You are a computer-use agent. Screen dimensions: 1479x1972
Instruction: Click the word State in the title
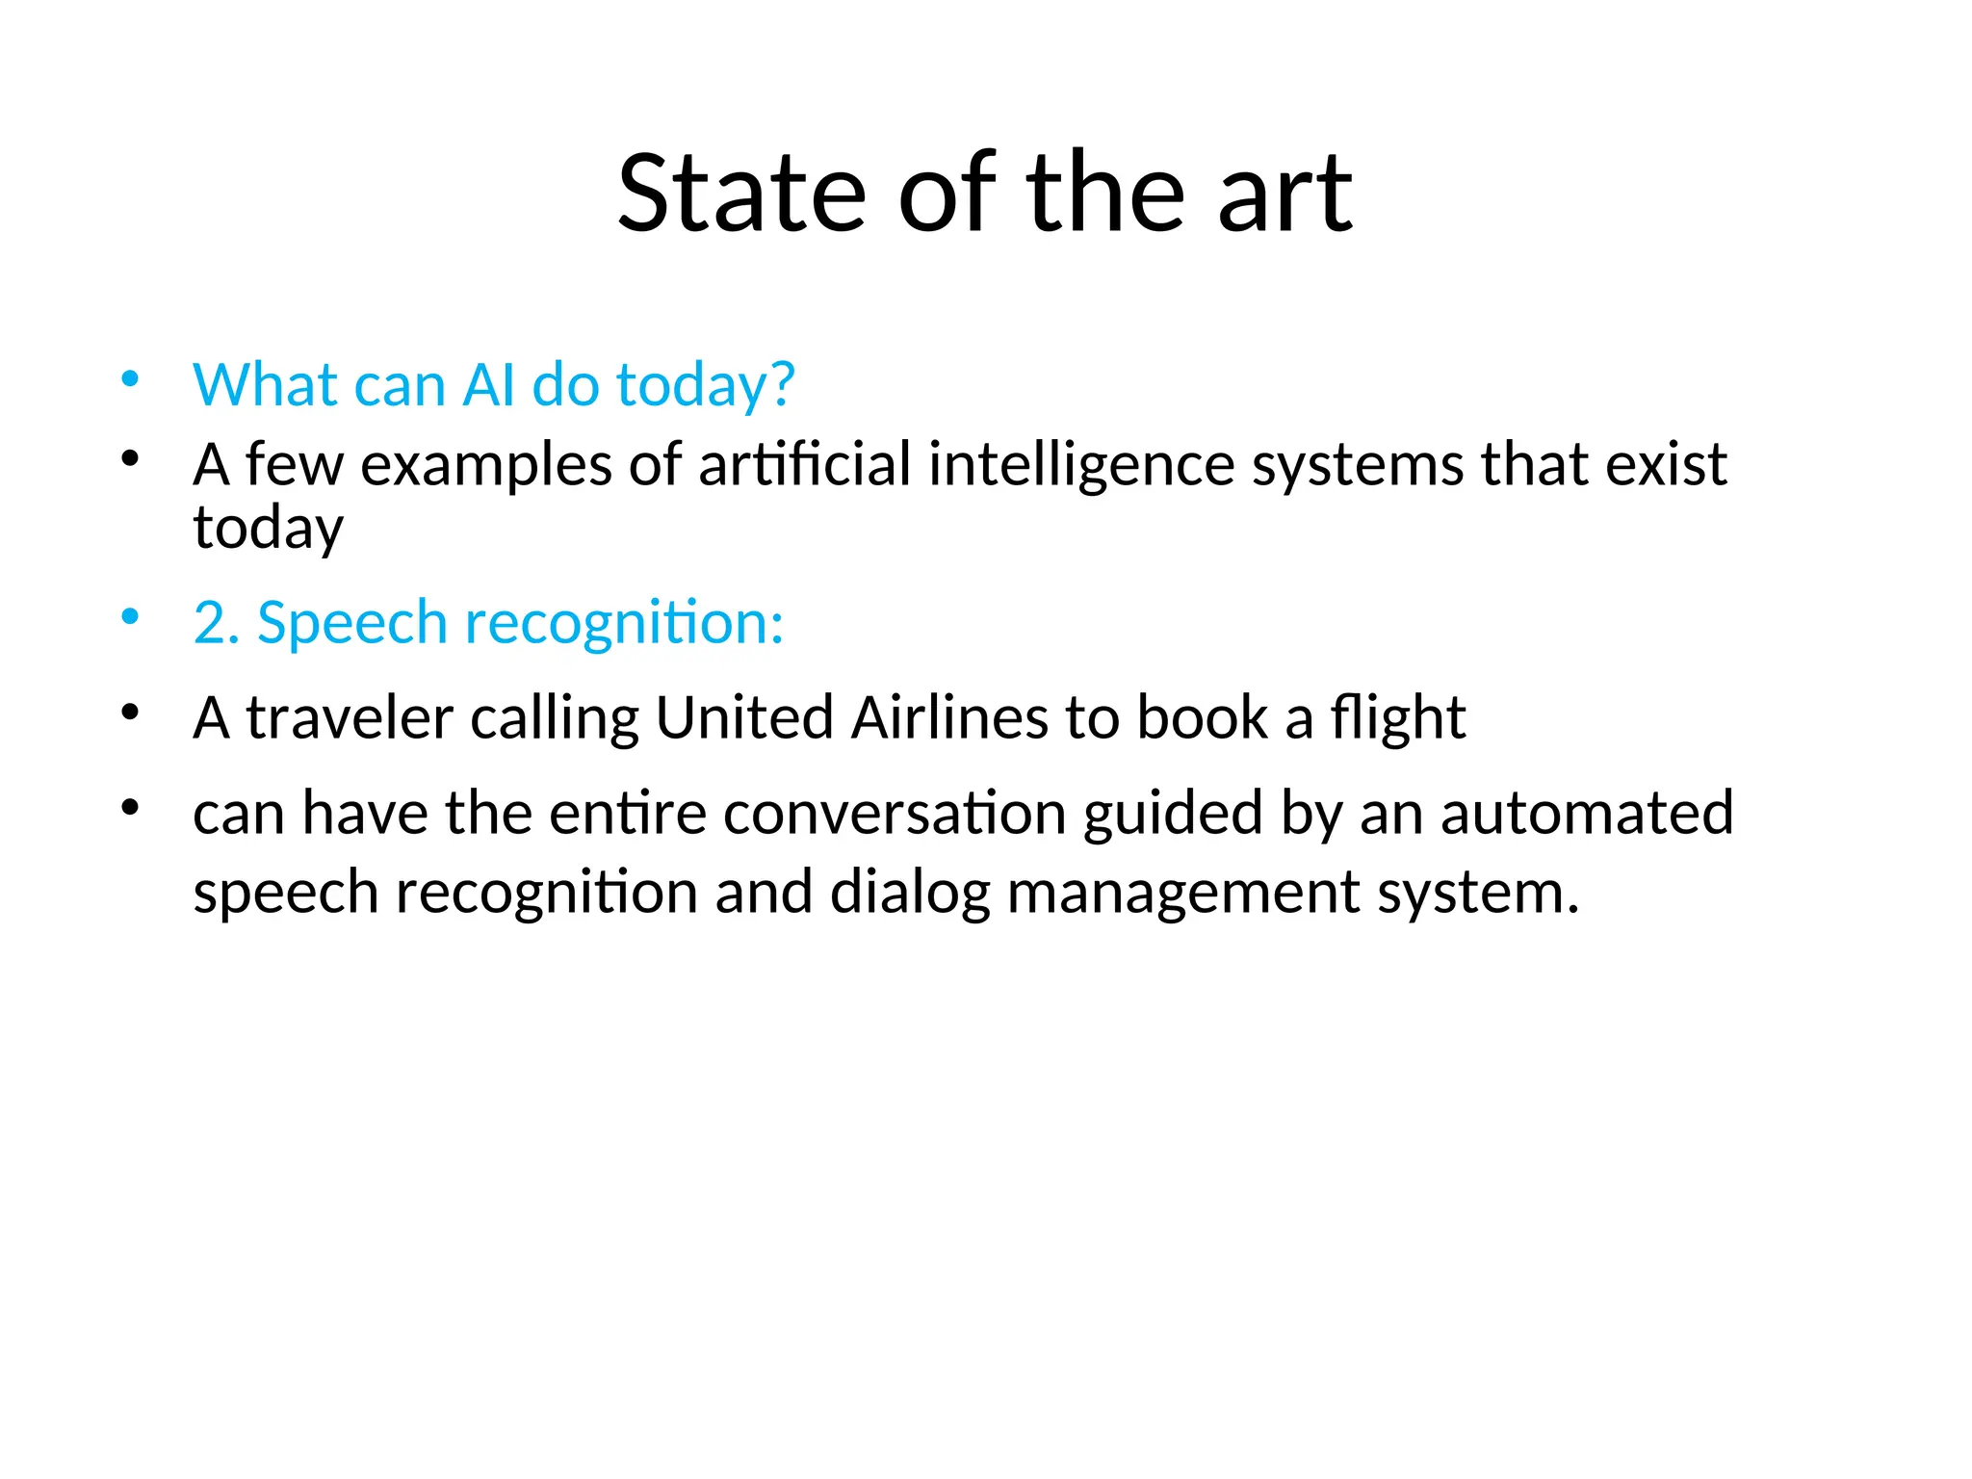(740, 195)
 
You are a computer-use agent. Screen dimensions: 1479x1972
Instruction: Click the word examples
(486, 465)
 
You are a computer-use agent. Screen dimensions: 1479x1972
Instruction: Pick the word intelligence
(1080, 465)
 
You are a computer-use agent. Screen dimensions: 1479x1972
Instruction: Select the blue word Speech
(352, 624)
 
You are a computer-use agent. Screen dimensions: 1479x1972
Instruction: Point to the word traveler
(350, 718)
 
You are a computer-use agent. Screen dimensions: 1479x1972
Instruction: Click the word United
(744, 718)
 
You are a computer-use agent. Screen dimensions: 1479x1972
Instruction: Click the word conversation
(895, 813)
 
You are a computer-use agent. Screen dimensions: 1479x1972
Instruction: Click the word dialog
(909, 893)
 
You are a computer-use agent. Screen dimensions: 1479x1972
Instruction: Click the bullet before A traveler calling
(130, 714)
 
